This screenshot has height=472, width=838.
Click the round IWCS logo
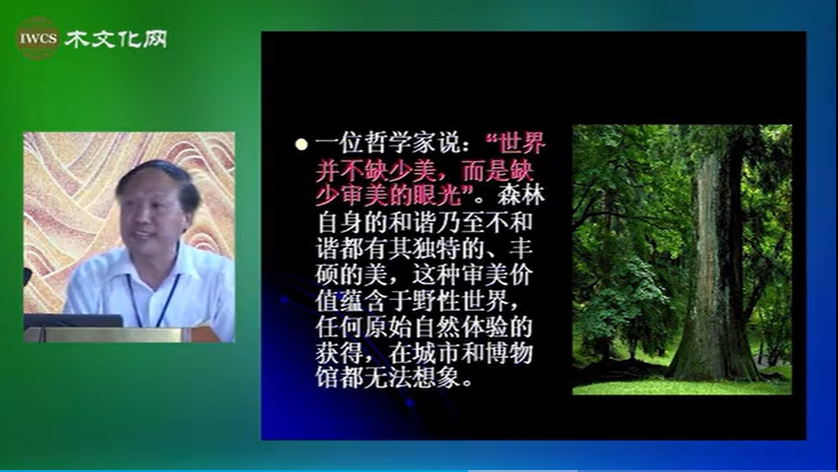tap(36, 38)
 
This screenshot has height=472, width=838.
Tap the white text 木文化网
tap(116, 39)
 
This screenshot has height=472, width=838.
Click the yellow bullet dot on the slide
tap(301, 144)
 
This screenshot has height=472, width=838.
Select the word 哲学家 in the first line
tap(400, 144)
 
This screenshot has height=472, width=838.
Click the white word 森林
tap(520, 196)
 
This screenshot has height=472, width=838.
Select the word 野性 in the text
tap(436, 301)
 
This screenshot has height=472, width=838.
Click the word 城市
tap(436, 353)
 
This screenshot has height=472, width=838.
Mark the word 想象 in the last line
tap(436, 379)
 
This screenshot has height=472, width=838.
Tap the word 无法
tap(388, 379)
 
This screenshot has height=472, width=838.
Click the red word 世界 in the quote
tap(520, 144)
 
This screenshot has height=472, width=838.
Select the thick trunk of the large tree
tap(712, 267)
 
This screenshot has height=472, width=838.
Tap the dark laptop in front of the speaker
tap(73, 321)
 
